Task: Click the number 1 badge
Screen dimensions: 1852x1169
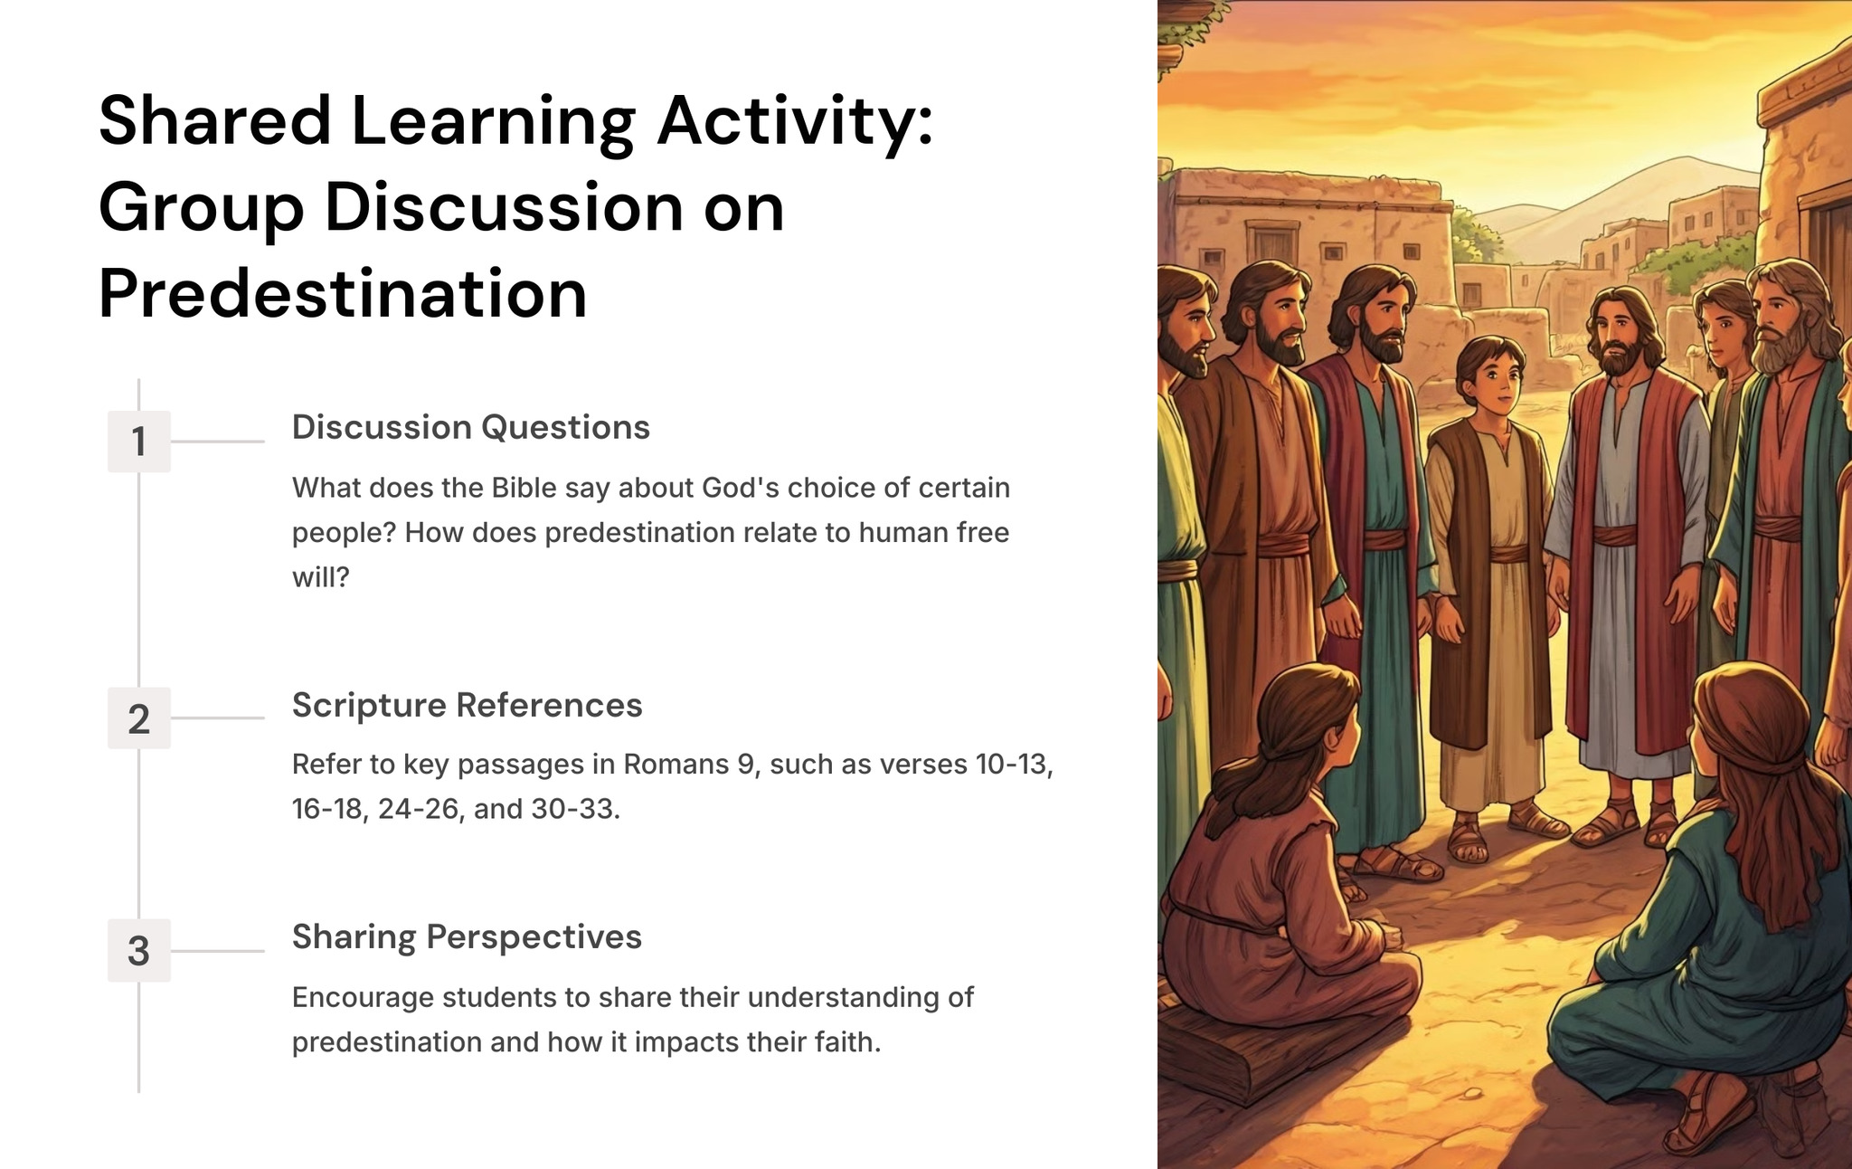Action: [x=138, y=442]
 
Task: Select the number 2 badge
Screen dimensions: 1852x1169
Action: [x=138, y=718]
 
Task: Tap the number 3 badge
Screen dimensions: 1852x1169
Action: [x=138, y=951]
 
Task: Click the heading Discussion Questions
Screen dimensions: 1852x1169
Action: [x=470, y=428]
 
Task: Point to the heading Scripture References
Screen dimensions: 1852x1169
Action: [x=467, y=706]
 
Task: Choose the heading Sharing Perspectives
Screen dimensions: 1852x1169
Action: [x=467, y=938]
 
